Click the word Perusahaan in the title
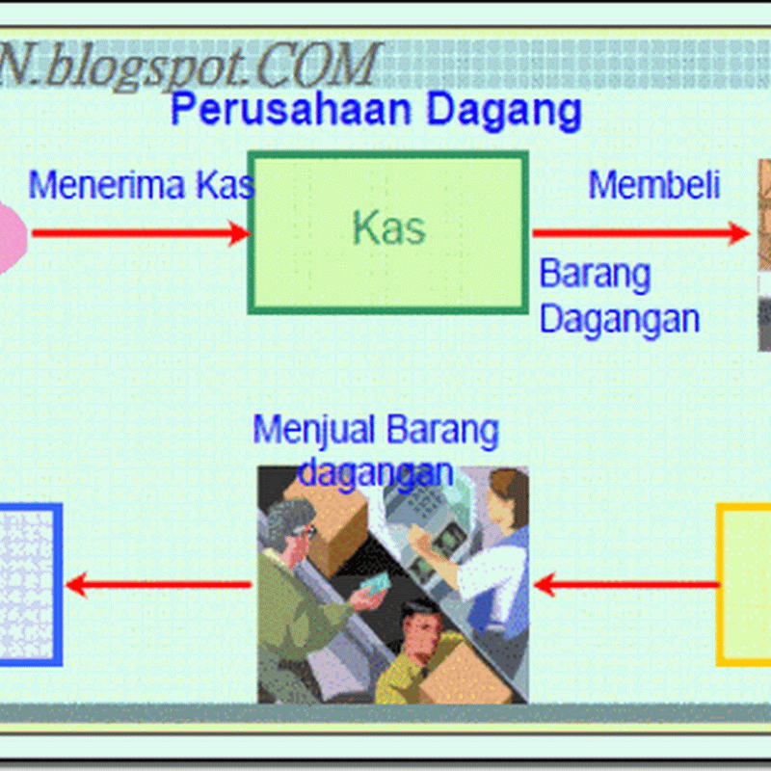[x=291, y=109]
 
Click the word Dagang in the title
[x=504, y=112]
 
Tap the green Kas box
[x=388, y=232]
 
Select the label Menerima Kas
[x=142, y=185]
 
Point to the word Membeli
[x=654, y=185]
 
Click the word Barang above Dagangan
[x=595, y=275]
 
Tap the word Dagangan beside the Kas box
[x=620, y=321]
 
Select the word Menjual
[x=314, y=431]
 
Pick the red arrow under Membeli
[x=641, y=233]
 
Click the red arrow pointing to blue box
[x=158, y=585]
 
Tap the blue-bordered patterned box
[x=30, y=585]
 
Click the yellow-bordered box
[x=743, y=585]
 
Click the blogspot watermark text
[x=189, y=66]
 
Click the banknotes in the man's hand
[x=376, y=583]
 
